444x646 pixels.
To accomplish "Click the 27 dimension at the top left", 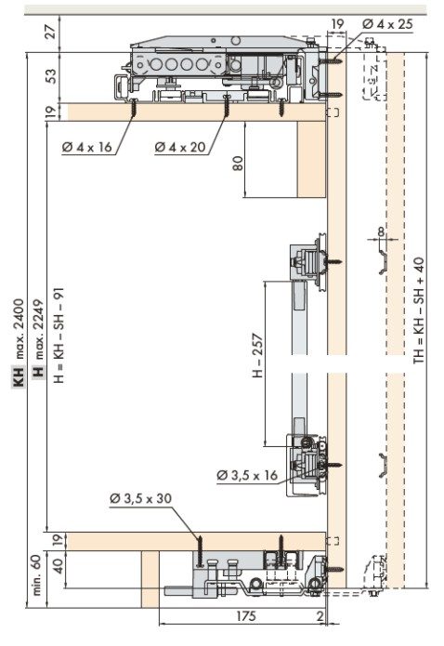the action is click(x=50, y=32).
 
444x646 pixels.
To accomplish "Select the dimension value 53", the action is click(x=51, y=76).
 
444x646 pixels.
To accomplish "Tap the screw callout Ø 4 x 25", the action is click(x=387, y=24).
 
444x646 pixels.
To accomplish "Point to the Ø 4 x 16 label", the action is click(x=87, y=147).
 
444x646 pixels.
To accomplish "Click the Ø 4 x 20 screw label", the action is click(x=180, y=147).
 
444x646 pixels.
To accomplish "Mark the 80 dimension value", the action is click(x=238, y=164).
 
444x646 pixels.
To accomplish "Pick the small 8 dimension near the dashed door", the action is click(x=382, y=231).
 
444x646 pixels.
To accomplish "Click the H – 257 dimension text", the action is click(x=257, y=355).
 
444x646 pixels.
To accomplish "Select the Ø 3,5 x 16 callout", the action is click(x=247, y=475).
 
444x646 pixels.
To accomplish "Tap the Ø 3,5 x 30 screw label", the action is click(x=140, y=498).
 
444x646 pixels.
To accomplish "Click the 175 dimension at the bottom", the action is click(x=246, y=616).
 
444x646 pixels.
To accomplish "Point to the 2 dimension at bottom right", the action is click(x=320, y=616).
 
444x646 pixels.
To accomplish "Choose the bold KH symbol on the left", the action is click(x=19, y=376).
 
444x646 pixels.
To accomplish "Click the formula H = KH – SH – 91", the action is click(x=59, y=335).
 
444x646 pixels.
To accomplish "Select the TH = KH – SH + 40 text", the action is click(x=419, y=310).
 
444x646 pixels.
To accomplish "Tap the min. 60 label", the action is click(x=36, y=574).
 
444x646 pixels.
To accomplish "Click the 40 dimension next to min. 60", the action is click(x=59, y=566).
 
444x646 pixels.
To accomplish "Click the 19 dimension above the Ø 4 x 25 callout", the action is click(x=337, y=24).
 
